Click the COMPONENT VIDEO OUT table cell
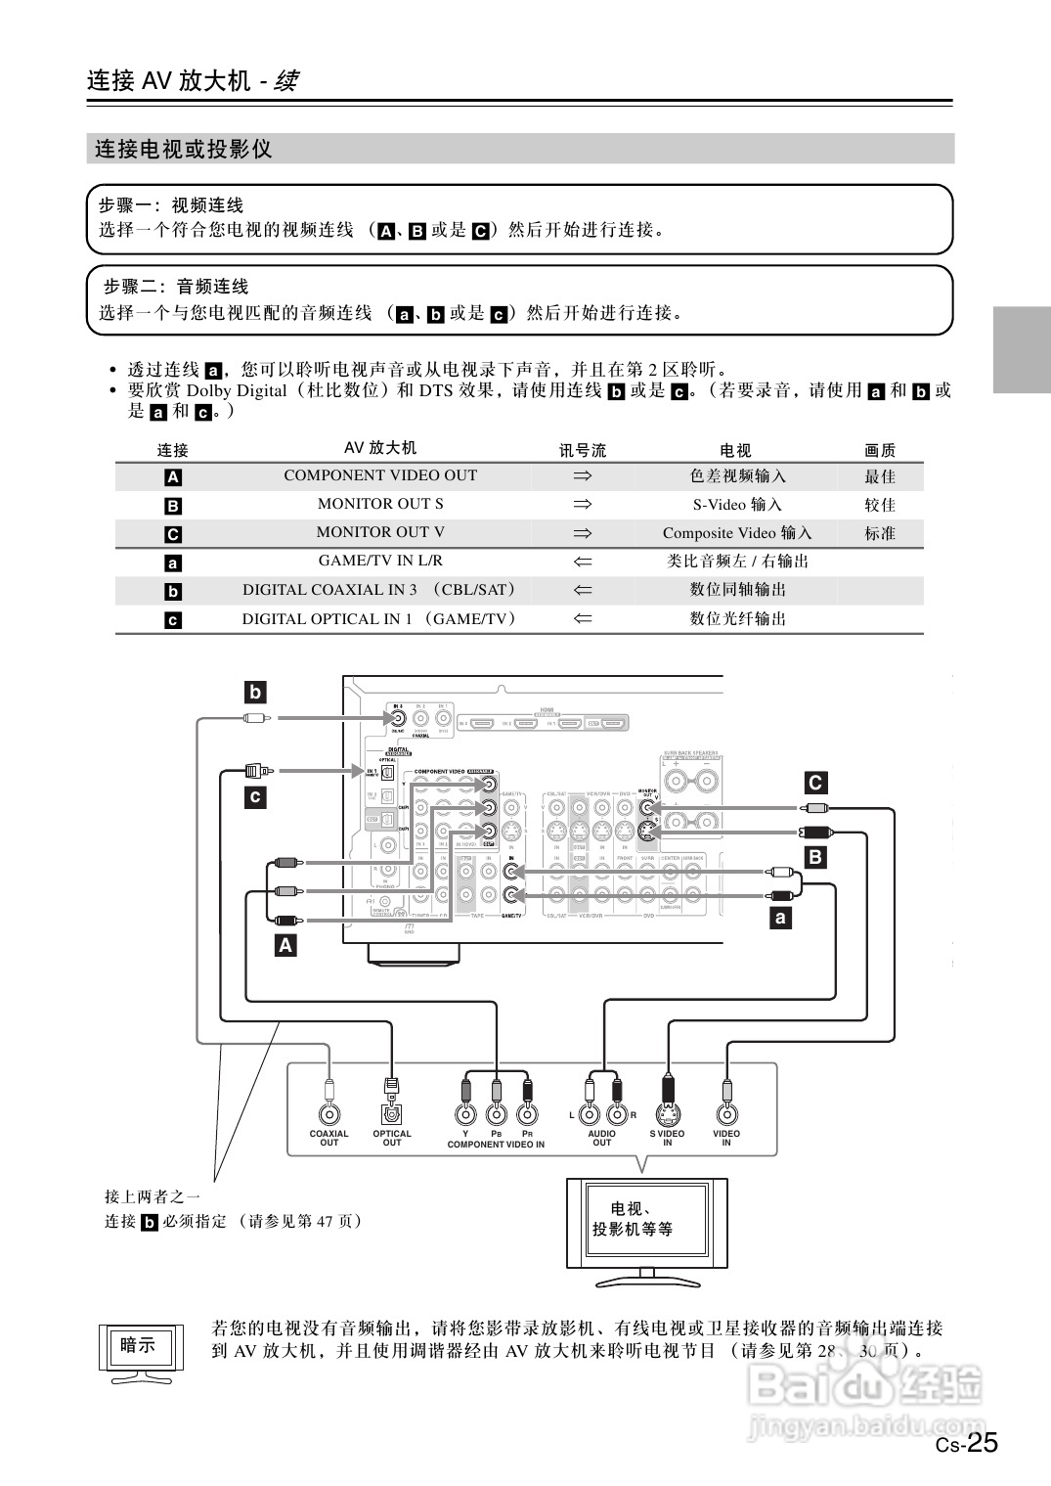tap(380, 475)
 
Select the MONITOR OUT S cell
tap(380, 504)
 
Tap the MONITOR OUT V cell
tap(380, 532)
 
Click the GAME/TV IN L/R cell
tap(380, 561)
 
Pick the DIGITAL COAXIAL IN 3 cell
tap(380, 590)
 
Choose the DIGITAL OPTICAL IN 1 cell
tap(380, 618)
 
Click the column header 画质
tap(879, 450)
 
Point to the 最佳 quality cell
tap(879, 476)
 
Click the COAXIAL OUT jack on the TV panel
tap(329, 1113)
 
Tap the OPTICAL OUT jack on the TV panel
tap(391, 1113)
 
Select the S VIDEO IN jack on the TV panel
tap(668, 1113)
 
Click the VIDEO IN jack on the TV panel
tap(726, 1113)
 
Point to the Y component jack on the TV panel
tap(466, 1113)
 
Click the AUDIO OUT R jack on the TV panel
tap(617, 1113)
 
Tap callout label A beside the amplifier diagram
tap(285, 946)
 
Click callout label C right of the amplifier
tap(814, 783)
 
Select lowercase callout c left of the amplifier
tap(255, 796)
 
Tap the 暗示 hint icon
tap(139, 1346)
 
